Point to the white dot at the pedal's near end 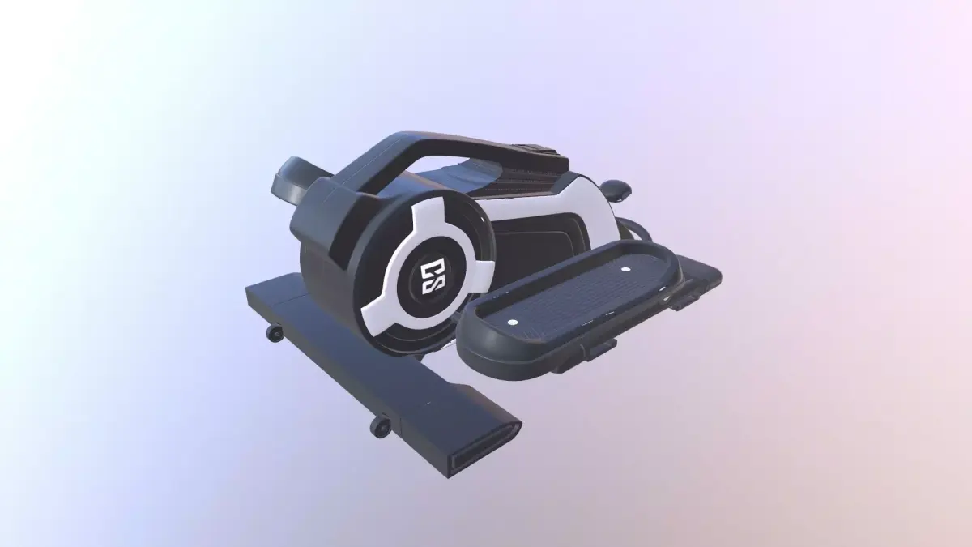(512, 323)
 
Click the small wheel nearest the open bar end (379, 427)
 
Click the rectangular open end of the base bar (485, 450)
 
